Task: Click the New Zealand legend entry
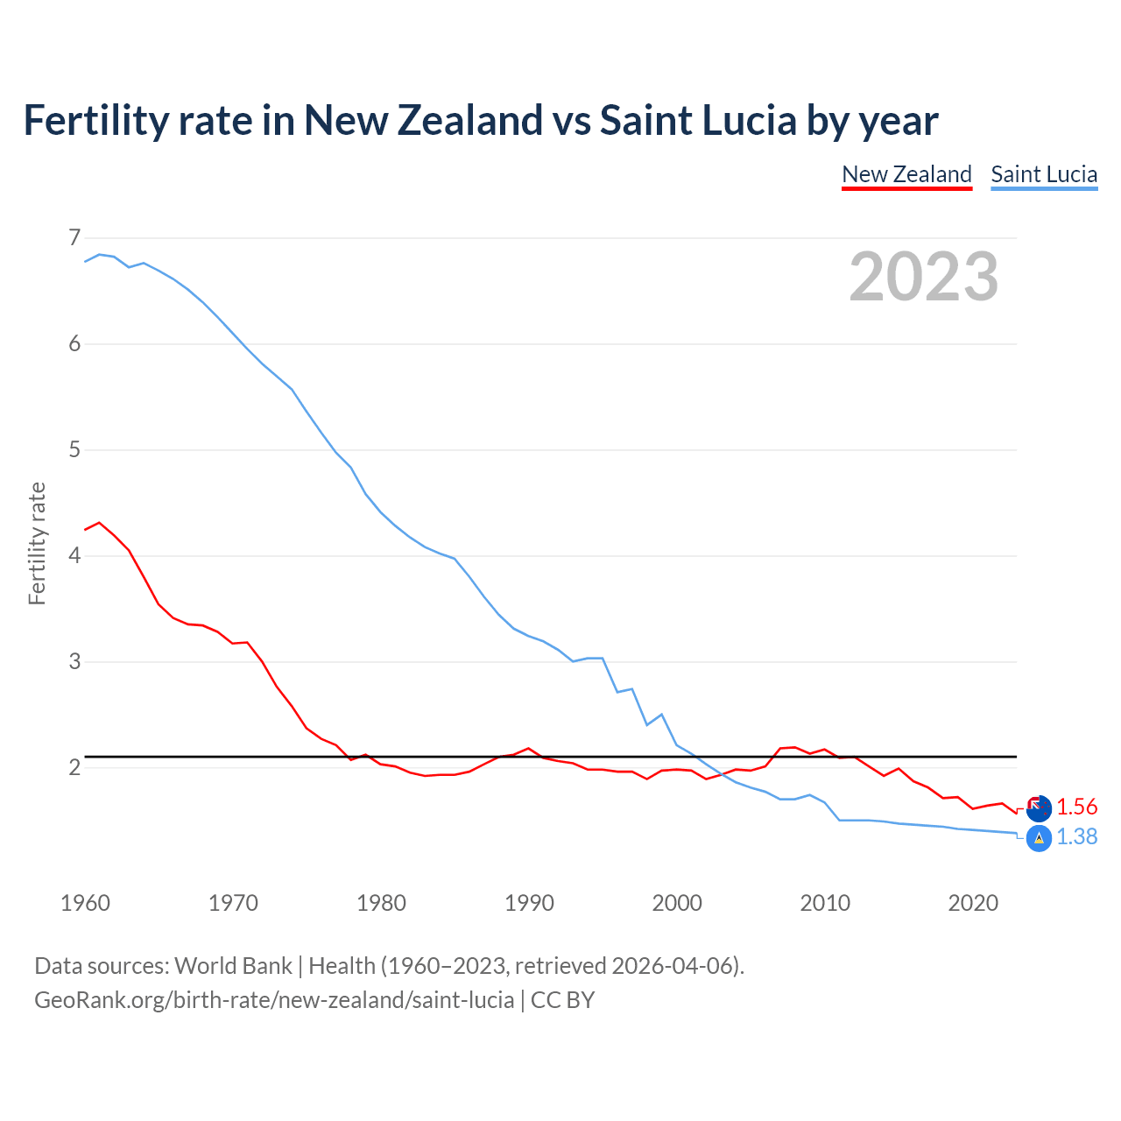(x=906, y=174)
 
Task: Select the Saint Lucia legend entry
(x=1044, y=174)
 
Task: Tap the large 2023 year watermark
(x=923, y=277)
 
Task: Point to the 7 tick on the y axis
(x=74, y=237)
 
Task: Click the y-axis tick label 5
(x=74, y=450)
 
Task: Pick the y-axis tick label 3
(x=74, y=661)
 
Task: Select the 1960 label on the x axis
(x=85, y=903)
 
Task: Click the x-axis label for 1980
(x=381, y=903)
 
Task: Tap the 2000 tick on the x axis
(x=677, y=903)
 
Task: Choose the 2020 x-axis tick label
(x=973, y=903)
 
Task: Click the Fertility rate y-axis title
(x=37, y=543)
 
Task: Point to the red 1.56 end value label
(x=1076, y=807)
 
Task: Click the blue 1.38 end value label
(x=1076, y=837)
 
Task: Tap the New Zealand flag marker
(x=1039, y=808)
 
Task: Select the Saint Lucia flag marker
(x=1039, y=839)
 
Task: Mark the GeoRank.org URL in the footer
(x=274, y=1000)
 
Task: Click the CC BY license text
(x=562, y=1000)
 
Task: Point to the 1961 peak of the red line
(x=99, y=523)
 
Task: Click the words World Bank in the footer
(x=233, y=966)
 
